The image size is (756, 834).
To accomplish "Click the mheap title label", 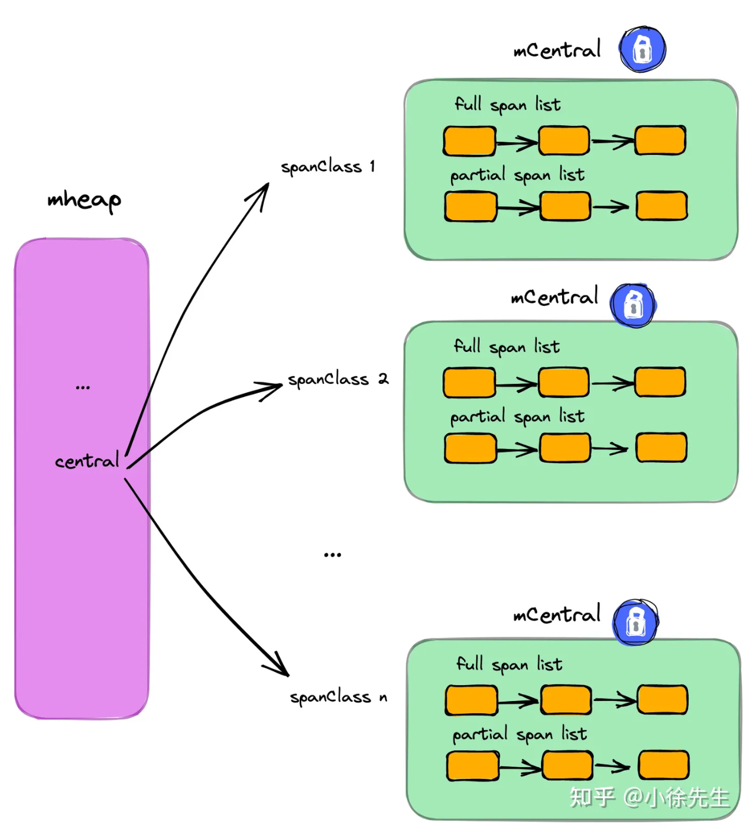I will pyautogui.click(x=84, y=200).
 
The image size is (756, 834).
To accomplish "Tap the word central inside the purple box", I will pyautogui.click(x=87, y=461).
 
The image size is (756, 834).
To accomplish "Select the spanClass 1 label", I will pyautogui.click(x=327, y=167).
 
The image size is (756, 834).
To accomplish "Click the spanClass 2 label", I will pyautogui.click(x=338, y=379).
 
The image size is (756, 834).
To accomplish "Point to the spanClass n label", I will pyautogui.click(x=338, y=697).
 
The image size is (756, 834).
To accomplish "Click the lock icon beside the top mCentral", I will pyautogui.click(x=642, y=49).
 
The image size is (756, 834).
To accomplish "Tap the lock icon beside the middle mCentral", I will pyautogui.click(x=633, y=305).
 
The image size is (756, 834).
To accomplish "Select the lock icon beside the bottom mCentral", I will pyautogui.click(x=635, y=622).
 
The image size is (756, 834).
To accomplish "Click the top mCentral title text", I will pyautogui.click(x=557, y=50).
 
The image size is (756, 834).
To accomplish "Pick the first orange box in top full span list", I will pyautogui.click(x=469, y=141).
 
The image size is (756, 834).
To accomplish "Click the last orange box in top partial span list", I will pyautogui.click(x=661, y=206).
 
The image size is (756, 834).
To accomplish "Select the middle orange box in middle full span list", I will pyautogui.click(x=563, y=382).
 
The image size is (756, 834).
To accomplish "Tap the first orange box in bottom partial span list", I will pyautogui.click(x=472, y=766).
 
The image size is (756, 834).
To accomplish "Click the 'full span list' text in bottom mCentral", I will pyautogui.click(x=509, y=665).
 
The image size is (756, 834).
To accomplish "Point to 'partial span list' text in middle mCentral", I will pyautogui.click(x=517, y=417).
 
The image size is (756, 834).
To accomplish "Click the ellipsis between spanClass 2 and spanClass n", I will pyautogui.click(x=332, y=555).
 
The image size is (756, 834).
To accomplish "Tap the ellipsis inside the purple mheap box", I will pyautogui.click(x=83, y=387).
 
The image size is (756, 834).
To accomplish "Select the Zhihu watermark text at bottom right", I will pyautogui.click(x=648, y=797).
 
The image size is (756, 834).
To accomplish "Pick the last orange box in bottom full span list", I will pyautogui.click(x=662, y=700).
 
